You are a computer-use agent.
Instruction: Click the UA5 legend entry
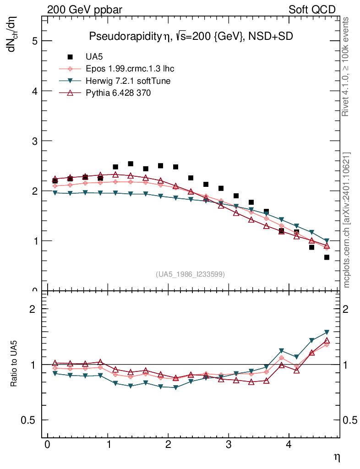(93, 57)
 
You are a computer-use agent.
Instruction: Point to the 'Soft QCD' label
(312, 10)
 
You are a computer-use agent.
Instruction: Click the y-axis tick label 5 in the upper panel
(34, 41)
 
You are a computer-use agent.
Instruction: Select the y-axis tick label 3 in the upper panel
(34, 141)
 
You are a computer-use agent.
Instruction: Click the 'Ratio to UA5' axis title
(14, 364)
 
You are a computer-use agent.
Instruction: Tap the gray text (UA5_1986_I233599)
(191, 274)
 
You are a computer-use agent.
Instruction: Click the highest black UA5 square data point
(131, 164)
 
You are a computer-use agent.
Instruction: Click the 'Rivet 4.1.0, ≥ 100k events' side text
(346, 66)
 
